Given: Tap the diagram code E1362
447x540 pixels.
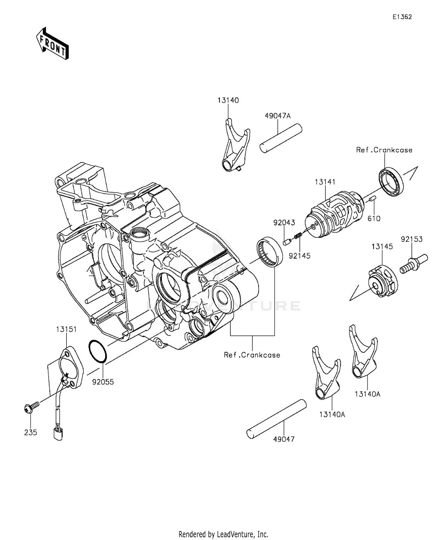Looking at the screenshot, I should click(402, 17).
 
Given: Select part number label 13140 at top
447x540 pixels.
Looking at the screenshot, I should click(228, 100).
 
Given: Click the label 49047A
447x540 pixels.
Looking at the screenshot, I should click(277, 116).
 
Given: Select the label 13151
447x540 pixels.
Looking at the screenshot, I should click(66, 329).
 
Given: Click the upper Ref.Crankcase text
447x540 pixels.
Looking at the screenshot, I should click(384, 150).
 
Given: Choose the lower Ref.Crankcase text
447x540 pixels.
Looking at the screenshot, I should click(252, 355).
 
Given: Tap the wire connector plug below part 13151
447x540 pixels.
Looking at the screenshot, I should click(58, 434).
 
